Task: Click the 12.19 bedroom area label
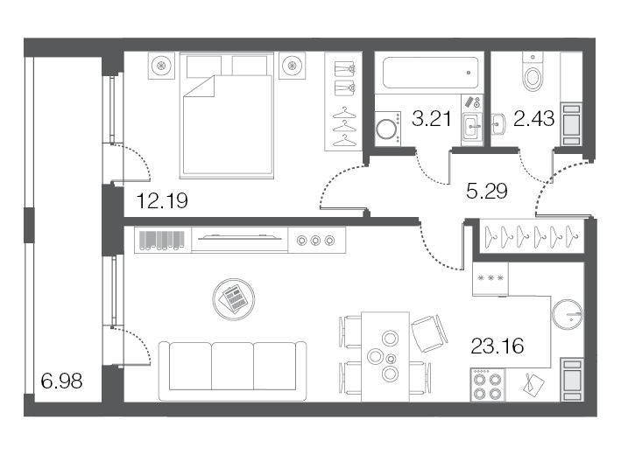coord(162,201)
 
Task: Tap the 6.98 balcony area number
coord(62,381)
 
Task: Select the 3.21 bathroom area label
coord(432,119)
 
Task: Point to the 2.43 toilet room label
coord(534,119)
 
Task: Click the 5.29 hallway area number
coord(487,192)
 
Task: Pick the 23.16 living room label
coord(498,346)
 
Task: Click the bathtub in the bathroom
coord(431,73)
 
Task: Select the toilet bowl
coord(533,78)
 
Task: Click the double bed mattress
coord(228,124)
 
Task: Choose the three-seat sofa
coord(233,371)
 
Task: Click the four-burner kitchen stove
coord(488,385)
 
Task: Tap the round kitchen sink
coord(568,314)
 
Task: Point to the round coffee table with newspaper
coord(234,299)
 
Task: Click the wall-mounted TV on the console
coord(240,237)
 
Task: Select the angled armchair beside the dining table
coord(429,333)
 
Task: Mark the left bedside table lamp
coord(161,65)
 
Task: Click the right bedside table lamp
coord(293,65)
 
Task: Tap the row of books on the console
coord(162,241)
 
